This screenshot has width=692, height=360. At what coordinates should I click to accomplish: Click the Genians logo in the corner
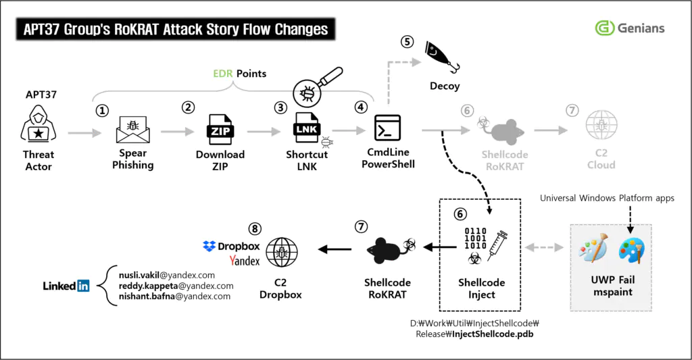pos(629,28)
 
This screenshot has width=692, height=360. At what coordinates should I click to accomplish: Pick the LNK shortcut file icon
pos(306,127)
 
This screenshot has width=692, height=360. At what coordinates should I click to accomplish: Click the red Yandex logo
pos(245,261)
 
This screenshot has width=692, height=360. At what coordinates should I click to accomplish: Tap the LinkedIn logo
pos(66,286)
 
